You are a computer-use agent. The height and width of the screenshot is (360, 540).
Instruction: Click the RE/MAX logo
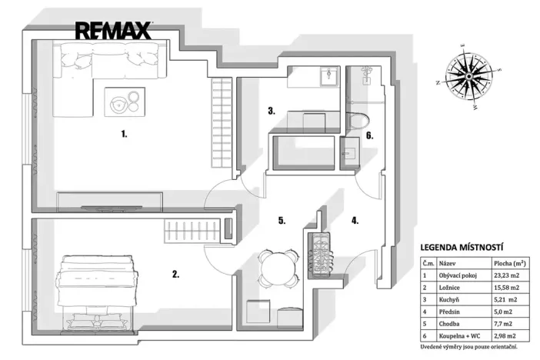pos(114,31)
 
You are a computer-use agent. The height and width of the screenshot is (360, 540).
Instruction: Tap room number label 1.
pos(123,133)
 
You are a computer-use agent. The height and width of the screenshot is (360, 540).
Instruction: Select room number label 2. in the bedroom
pos(176,273)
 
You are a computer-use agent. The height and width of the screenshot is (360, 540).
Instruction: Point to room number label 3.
pos(272,111)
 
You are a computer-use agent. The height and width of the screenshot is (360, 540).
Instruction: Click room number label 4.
pos(355,221)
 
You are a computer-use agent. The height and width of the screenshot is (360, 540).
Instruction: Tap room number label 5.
pos(282,221)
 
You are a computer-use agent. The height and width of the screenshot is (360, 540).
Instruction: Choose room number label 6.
pos(369,136)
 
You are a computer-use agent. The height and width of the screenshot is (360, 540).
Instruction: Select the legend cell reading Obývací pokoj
pos(458,275)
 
